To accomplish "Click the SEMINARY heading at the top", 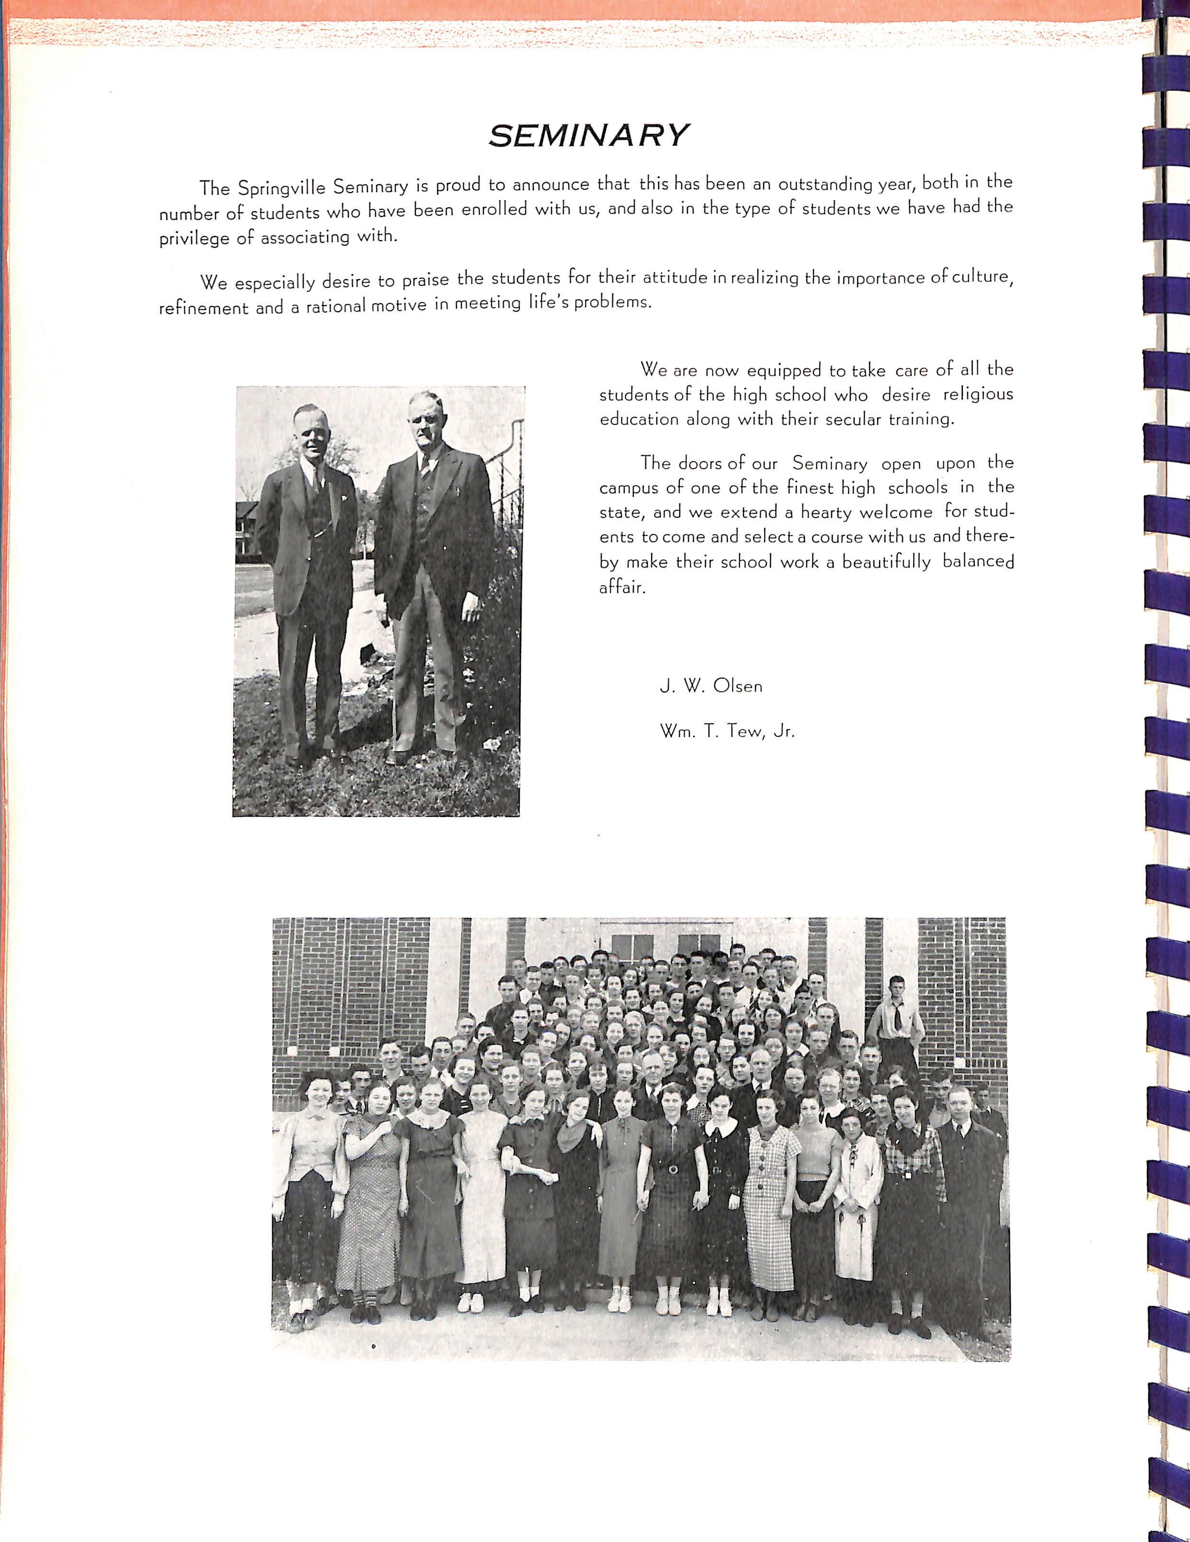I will click(588, 135).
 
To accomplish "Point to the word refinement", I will click(204, 308).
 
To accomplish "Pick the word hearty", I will click(827, 512).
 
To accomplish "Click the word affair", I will click(621, 587).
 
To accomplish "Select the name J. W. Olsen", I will click(710, 686).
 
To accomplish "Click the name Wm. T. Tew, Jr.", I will click(727, 731).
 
